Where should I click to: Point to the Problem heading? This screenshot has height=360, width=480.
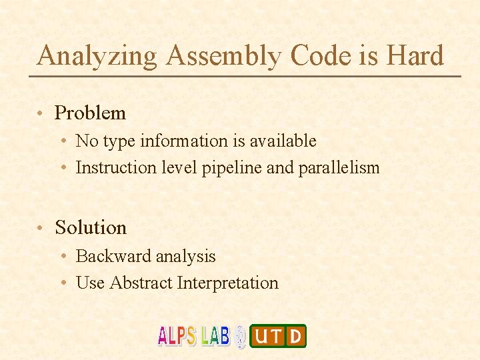coord(90,113)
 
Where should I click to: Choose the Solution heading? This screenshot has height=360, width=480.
coord(91,228)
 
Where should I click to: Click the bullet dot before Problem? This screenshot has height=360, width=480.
coord(41,114)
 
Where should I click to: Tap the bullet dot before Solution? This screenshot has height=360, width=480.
coord(41,229)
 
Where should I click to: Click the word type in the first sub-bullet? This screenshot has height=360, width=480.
coord(111,142)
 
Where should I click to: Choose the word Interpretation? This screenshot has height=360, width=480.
coord(227,283)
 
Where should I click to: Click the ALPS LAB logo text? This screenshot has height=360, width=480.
coord(193,336)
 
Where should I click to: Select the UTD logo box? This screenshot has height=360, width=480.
coord(278,336)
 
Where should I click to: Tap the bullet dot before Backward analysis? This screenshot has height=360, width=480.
coord(62,257)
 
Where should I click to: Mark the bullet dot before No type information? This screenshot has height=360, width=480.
coord(62,142)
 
